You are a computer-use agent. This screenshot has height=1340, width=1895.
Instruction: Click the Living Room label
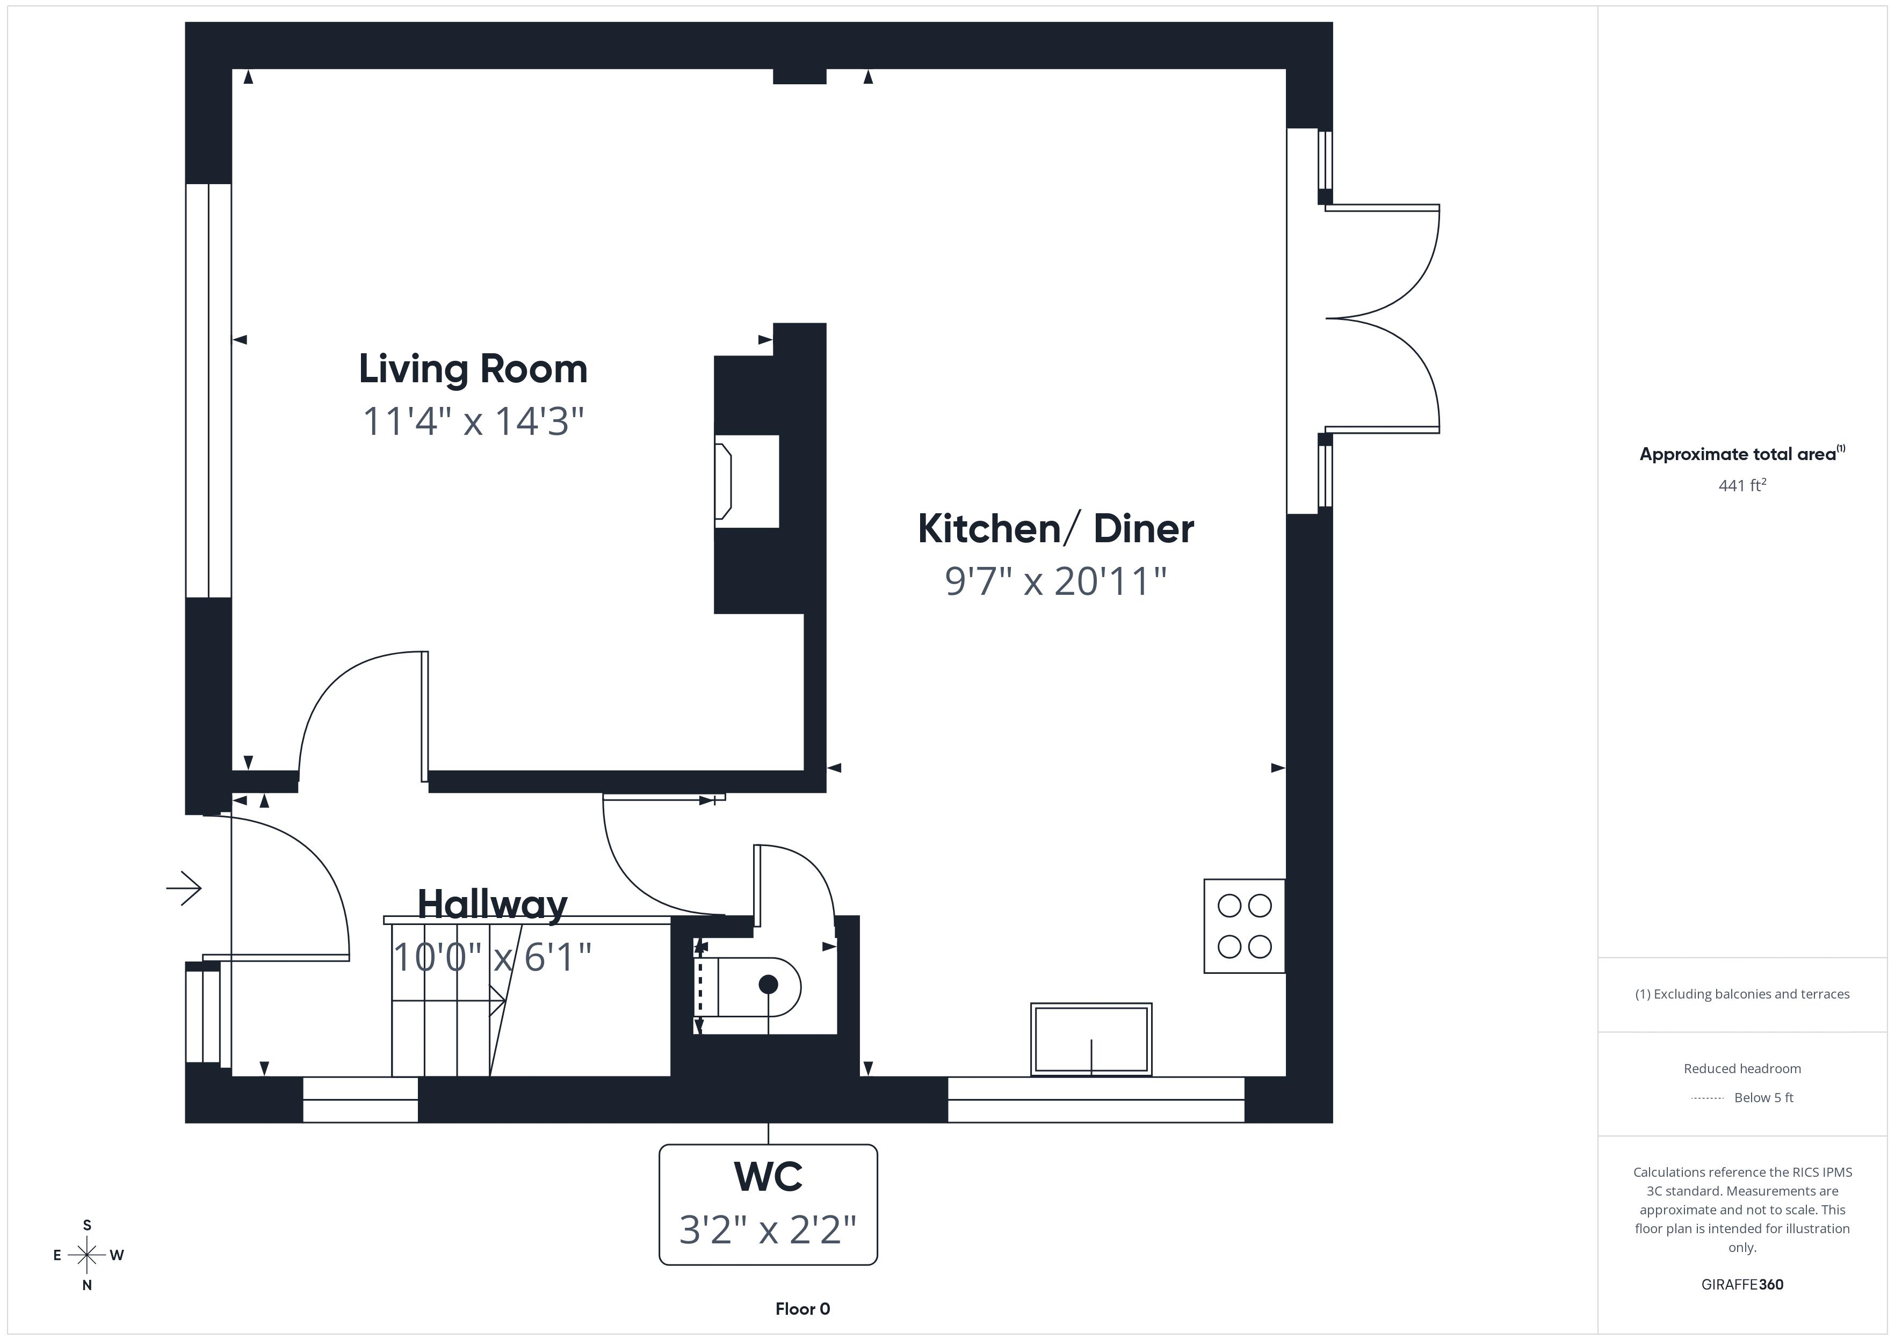click(x=473, y=369)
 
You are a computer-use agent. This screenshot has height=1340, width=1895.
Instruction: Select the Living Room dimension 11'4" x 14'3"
click(x=473, y=421)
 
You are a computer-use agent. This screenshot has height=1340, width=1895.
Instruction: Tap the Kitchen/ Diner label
click(x=1055, y=529)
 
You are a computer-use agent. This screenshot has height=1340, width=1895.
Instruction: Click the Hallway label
click(x=493, y=904)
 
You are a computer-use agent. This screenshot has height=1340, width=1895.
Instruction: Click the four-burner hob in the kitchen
click(x=1245, y=926)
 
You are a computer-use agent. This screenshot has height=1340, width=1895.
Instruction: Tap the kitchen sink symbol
click(x=1091, y=1039)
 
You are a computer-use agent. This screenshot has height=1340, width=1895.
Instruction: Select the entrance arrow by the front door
click(x=184, y=889)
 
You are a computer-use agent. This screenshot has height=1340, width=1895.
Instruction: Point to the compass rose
click(x=86, y=1255)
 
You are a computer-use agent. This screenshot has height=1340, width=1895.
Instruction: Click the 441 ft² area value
click(x=1741, y=486)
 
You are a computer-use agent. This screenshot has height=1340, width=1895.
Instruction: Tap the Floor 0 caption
click(x=802, y=1309)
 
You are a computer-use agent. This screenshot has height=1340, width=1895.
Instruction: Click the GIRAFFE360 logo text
click(x=1741, y=1285)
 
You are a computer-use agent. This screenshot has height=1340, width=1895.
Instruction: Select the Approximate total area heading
click(x=1741, y=454)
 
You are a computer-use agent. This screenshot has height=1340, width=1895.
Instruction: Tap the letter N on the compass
click(x=86, y=1285)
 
